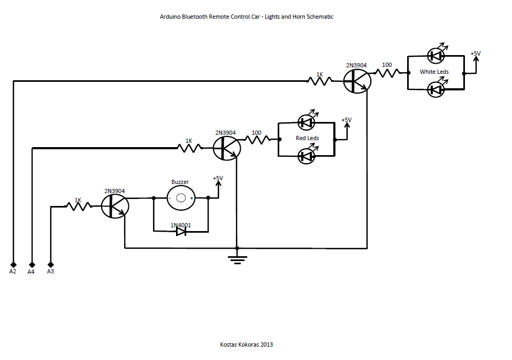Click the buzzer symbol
pos(181,198)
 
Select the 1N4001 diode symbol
pos(181,232)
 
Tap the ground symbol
pos(237,259)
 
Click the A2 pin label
pos(13,272)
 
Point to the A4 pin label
pos(31,272)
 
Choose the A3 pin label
pos(51,272)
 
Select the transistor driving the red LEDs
pos(226,148)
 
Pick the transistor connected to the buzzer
pos(115,206)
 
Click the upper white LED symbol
pos(436,55)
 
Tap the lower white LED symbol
pos(436,89)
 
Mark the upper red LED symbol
pos(306,122)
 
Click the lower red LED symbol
pos(306,156)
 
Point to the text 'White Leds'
pos(434,72)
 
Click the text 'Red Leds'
pos(307,139)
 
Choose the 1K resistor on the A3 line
pos(78,205)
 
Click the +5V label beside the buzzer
pos(218,178)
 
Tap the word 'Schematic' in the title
pos(319,17)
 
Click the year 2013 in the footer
pos(266,344)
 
